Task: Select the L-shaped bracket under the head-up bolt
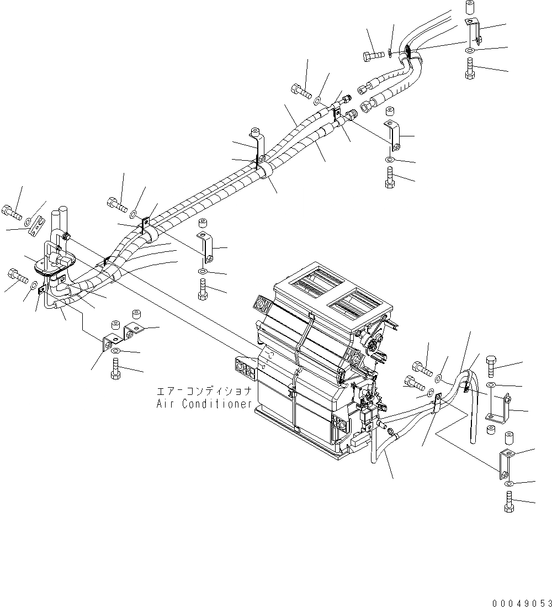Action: tap(498, 407)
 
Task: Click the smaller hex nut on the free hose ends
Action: tap(364, 87)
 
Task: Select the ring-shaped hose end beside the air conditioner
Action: tap(391, 431)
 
